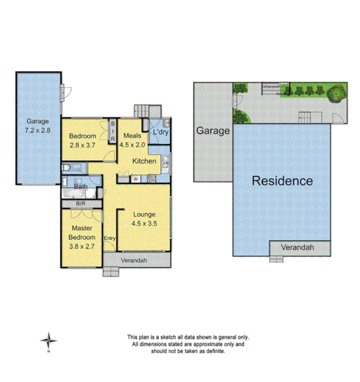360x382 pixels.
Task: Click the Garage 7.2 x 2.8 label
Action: [38, 126]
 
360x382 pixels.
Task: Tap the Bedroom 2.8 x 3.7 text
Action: [83, 140]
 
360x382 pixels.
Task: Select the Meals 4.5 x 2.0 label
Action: [132, 140]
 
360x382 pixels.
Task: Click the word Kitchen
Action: [145, 161]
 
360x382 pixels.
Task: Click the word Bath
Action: [81, 186]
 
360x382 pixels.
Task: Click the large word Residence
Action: [282, 181]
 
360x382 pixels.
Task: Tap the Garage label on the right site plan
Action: [213, 131]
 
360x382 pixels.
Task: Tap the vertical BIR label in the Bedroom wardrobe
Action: [112, 132]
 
